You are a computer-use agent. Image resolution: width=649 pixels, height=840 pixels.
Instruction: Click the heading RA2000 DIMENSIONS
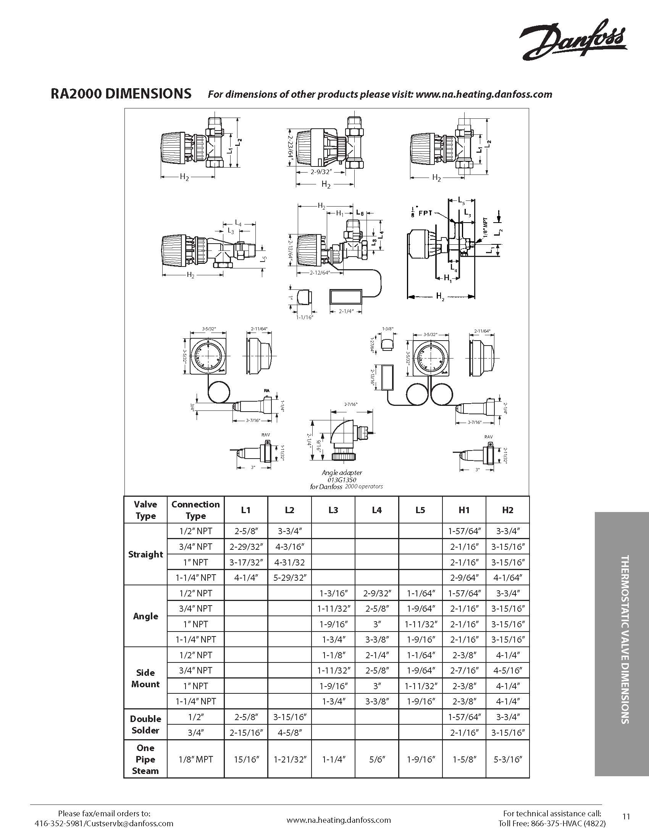tap(121, 94)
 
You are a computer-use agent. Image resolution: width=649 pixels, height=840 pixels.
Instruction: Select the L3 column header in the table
tap(333, 510)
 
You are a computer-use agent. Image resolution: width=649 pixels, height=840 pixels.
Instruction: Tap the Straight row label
tap(145, 554)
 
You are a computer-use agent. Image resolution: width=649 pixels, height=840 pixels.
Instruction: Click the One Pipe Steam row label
tap(145, 759)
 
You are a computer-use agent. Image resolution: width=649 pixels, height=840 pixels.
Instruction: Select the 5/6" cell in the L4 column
tap(377, 759)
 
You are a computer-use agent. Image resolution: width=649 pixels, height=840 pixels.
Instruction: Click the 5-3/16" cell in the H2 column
tap(507, 759)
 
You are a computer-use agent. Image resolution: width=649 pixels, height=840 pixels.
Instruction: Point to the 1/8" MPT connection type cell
tap(196, 759)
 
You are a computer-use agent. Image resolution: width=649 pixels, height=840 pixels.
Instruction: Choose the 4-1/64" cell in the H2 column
tap(507, 578)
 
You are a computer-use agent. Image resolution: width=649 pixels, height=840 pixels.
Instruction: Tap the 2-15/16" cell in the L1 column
tap(246, 732)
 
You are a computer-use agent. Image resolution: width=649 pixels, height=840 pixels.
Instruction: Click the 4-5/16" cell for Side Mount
tap(507, 670)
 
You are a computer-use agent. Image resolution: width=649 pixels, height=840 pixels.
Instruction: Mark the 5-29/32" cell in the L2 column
tap(289, 578)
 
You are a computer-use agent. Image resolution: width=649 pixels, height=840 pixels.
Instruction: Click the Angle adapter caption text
tap(342, 473)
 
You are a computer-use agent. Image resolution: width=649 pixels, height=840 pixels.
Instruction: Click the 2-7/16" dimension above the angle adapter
tap(350, 404)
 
